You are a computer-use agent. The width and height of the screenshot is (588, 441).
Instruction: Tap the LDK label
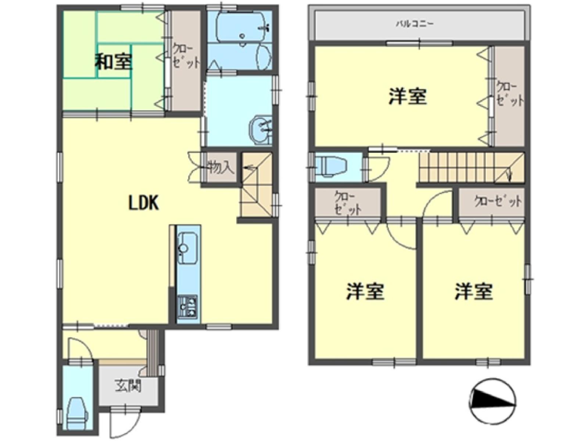coord(143,203)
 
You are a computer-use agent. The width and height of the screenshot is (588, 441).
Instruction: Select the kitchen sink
coord(188,248)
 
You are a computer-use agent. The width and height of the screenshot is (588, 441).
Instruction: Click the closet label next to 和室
coord(186,56)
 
